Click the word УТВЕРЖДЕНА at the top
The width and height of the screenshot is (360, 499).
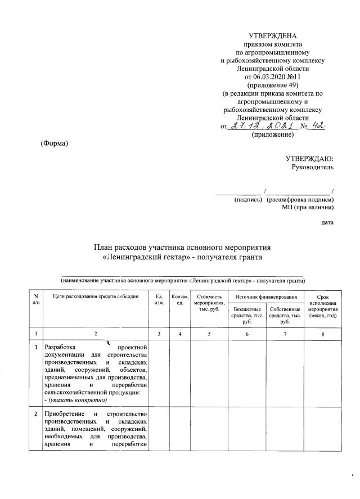[272, 36]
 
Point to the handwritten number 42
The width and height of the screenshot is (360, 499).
[318, 126]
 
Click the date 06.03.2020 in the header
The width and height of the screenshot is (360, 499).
[261, 75]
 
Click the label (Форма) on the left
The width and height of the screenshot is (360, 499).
[55, 143]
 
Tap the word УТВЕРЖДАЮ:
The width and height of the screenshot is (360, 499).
[309, 159]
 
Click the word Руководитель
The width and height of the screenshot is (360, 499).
[312, 167]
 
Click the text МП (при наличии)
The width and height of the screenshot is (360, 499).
[308, 208]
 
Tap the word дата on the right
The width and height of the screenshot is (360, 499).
[327, 223]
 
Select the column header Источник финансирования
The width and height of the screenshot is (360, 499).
[265, 296]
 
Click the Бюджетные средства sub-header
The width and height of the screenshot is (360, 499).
[246, 316]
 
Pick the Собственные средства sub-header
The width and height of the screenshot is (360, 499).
[285, 316]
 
